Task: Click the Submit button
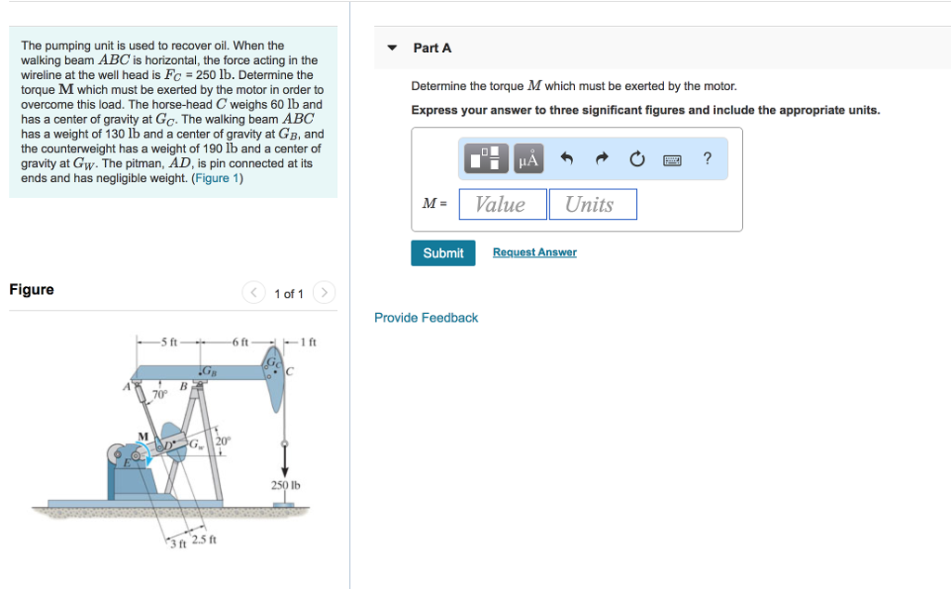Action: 443,253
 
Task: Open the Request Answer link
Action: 534,253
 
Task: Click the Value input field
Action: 502,204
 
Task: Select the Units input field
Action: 592,204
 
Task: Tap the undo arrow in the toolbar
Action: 567,160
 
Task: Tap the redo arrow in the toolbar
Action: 602,160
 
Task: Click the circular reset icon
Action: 637,160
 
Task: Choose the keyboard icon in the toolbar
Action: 672,160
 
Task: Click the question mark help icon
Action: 708,159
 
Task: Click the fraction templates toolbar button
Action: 488,159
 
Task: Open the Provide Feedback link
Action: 426,318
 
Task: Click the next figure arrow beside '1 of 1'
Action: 324,294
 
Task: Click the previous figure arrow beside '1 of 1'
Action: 254,294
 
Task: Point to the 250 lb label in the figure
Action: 286,485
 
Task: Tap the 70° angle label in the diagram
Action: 159,394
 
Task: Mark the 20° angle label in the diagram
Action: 223,440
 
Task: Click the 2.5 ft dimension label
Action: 204,540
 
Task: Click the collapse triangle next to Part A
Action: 392,48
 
